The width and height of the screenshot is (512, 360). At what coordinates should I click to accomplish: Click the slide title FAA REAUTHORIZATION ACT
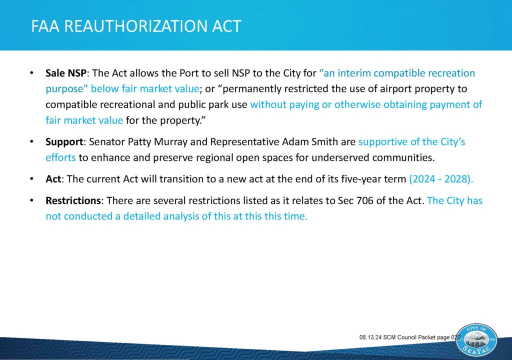click(136, 26)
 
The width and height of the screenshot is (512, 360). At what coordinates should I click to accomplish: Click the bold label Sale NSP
click(66, 73)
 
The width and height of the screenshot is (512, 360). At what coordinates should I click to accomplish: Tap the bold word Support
click(64, 142)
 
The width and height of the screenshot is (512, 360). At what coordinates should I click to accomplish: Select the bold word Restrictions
click(73, 200)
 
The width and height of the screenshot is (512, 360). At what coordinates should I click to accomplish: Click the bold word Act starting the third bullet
click(53, 179)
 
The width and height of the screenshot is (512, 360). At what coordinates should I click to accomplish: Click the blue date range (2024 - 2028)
click(441, 179)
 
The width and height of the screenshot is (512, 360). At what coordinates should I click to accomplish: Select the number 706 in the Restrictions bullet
click(364, 200)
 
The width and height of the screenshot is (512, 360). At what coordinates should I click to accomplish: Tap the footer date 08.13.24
click(370, 337)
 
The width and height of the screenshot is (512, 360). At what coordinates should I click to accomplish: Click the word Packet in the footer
click(427, 337)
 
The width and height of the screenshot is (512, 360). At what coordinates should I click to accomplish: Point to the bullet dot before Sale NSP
click(31, 73)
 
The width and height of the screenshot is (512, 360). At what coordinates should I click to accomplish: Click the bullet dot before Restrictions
click(31, 200)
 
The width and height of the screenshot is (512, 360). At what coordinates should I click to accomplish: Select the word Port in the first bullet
click(189, 73)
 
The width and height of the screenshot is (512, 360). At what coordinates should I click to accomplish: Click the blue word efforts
click(60, 157)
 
